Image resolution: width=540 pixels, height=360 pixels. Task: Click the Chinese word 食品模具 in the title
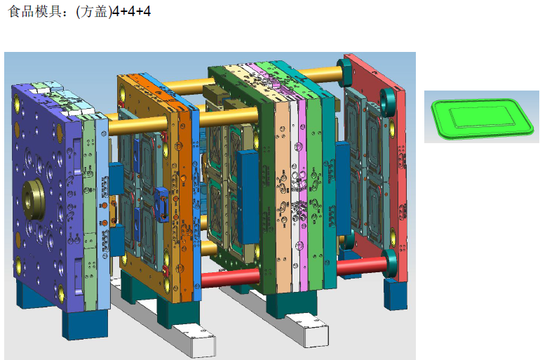(x=34, y=11)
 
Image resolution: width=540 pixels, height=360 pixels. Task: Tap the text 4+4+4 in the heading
(x=132, y=12)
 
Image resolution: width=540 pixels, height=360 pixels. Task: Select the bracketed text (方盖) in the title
(x=94, y=12)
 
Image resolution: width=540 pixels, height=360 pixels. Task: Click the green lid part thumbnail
(x=482, y=118)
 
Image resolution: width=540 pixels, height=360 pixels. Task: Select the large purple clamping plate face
(x=45, y=193)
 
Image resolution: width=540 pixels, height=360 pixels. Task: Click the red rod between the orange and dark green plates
(x=230, y=278)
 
